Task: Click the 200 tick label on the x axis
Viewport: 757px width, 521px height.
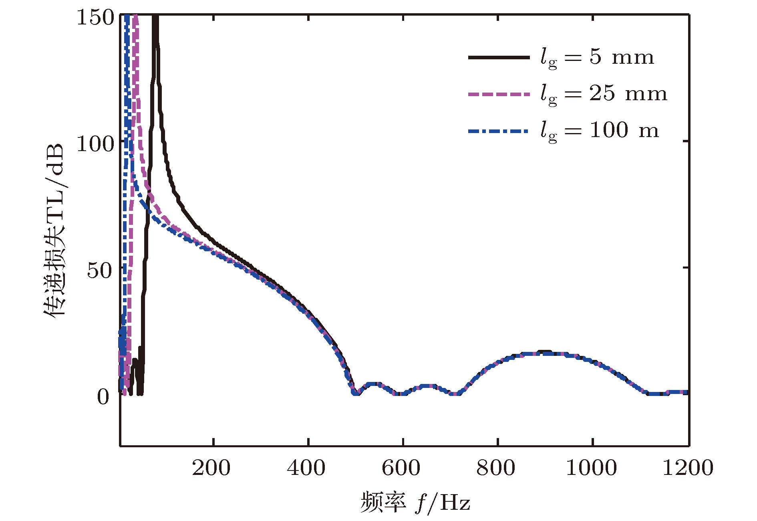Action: coord(211,468)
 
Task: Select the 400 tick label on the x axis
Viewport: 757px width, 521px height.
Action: coord(306,468)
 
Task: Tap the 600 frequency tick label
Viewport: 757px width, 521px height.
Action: coord(401,468)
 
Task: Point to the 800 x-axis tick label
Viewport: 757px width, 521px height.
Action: coord(496,468)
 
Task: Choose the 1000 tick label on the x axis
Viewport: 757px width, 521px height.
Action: coord(591,468)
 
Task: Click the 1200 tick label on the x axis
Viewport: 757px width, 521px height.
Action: coord(688,468)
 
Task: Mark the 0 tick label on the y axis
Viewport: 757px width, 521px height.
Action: coord(103,397)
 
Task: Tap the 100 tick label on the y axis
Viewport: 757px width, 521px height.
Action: coord(95,144)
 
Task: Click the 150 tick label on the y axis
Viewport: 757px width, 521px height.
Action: coord(95,18)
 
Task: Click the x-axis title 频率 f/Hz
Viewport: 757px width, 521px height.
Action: coord(415,503)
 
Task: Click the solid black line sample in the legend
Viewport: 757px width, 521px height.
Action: coord(499,58)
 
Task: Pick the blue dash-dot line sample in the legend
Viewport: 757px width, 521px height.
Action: coord(499,131)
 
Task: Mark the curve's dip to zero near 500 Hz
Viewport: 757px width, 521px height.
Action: coord(356,393)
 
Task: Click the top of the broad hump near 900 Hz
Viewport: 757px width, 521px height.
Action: coord(545,353)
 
